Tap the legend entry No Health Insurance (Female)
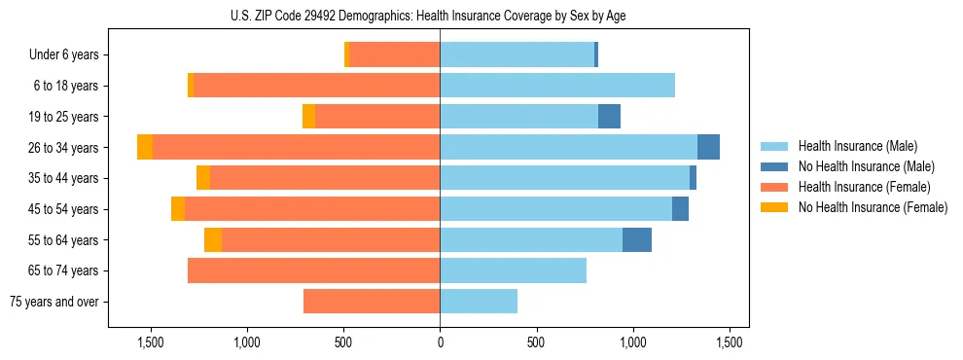pos(873,207)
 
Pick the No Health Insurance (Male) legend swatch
pos(774,166)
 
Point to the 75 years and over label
pos(53,302)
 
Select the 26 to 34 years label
pos(65,148)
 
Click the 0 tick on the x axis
pos(440,342)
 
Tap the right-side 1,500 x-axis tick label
pos(731,342)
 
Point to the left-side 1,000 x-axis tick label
pos(246,342)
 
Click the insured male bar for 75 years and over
pos(479,302)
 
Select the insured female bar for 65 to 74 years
pos(313,270)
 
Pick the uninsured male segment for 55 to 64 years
pos(637,239)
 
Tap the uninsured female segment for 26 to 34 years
pos(145,147)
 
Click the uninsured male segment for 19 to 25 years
pos(609,117)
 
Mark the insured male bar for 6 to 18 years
pos(557,86)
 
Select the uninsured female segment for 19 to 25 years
pos(308,117)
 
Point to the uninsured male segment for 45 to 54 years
pos(680,209)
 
